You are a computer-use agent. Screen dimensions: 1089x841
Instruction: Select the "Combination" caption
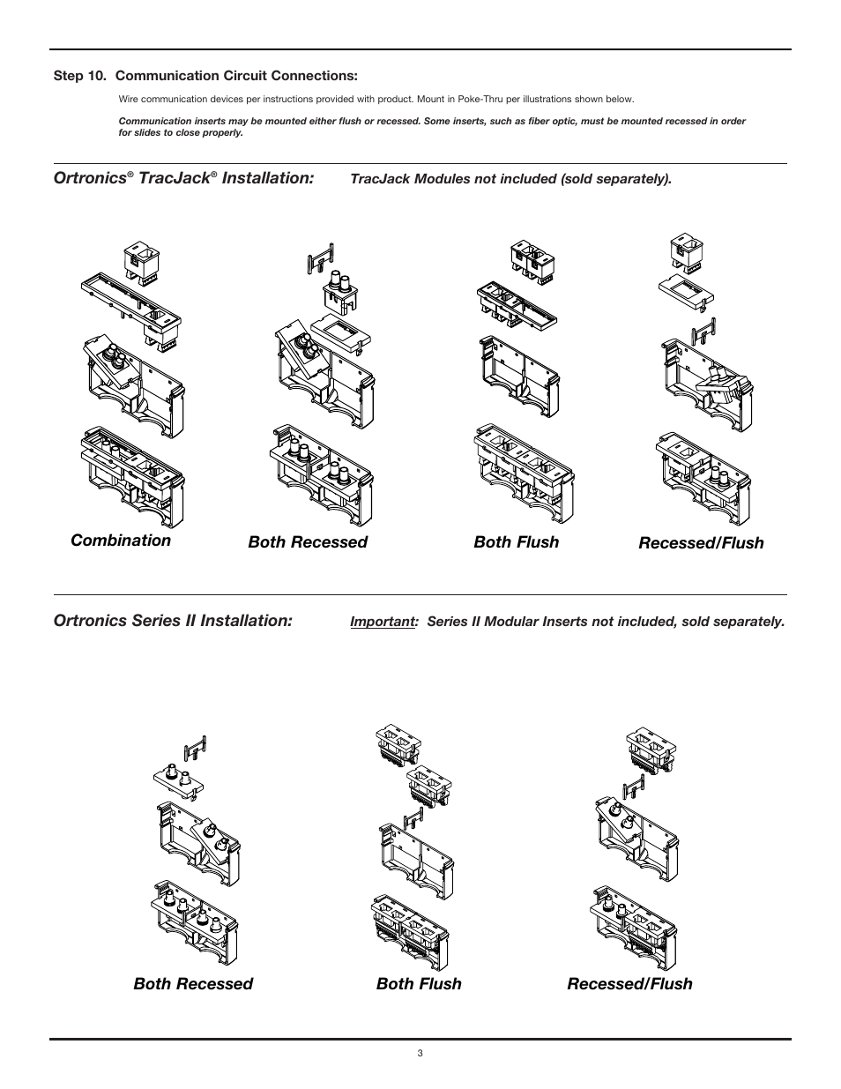click(x=121, y=541)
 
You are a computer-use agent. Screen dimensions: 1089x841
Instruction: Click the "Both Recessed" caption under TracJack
click(x=308, y=542)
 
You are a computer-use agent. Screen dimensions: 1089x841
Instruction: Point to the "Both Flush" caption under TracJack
click(x=516, y=542)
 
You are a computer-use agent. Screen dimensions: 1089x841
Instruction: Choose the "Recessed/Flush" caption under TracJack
click(x=701, y=543)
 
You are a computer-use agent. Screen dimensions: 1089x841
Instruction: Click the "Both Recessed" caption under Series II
click(x=193, y=984)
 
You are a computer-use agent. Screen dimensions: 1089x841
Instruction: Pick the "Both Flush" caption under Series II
click(x=419, y=984)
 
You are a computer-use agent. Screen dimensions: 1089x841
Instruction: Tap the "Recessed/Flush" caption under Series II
click(x=629, y=984)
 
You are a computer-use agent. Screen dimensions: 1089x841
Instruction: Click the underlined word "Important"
click(x=383, y=622)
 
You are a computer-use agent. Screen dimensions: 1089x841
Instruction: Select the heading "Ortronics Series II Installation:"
click(x=173, y=621)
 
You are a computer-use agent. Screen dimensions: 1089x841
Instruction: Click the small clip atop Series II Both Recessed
click(x=195, y=749)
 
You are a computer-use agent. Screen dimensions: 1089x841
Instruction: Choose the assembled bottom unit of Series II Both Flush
click(x=413, y=929)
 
